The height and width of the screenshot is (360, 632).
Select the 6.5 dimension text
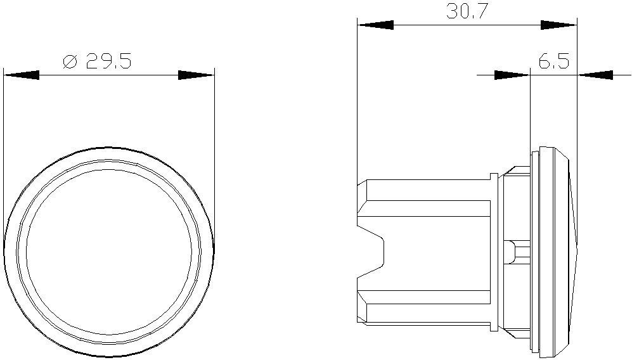pyautogui.click(x=554, y=62)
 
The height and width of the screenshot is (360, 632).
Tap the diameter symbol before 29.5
pyautogui.click(x=70, y=61)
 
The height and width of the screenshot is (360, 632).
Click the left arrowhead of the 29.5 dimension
pyautogui.click(x=22, y=75)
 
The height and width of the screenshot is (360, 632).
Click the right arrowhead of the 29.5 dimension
pyautogui.click(x=197, y=75)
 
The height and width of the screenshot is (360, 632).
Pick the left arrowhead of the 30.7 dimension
pyautogui.click(x=375, y=25)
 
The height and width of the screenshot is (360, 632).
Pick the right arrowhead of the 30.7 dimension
pyautogui.click(x=558, y=25)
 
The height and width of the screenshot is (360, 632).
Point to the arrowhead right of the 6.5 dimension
pyautogui.click(x=595, y=75)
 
